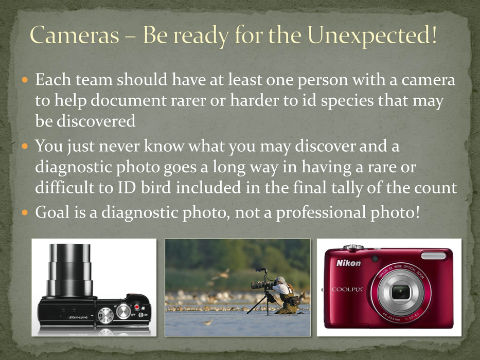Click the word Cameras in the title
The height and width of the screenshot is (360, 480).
click(75, 34)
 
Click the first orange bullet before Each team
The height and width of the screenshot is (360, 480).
click(25, 80)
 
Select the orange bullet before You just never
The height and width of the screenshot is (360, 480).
click(25, 146)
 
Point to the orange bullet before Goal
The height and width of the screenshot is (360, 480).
click(25, 212)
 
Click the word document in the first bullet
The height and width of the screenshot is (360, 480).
click(128, 100)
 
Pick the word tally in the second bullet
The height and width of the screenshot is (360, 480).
click(347, 188)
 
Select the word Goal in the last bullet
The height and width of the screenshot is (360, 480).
click(52, 212)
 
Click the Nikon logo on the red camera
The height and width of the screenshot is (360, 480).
click(349, 263)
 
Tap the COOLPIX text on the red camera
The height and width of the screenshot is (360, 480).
click(347, 289)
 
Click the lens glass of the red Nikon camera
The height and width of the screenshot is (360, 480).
click(401, 292)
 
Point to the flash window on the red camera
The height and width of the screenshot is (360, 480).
click(434, 256)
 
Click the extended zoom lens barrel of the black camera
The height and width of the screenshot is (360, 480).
click(70, 270)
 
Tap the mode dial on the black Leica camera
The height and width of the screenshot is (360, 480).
click(105, 315)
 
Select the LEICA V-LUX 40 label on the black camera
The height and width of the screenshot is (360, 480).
click(79, 317)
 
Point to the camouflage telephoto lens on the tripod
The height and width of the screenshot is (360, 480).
click(261, 285)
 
